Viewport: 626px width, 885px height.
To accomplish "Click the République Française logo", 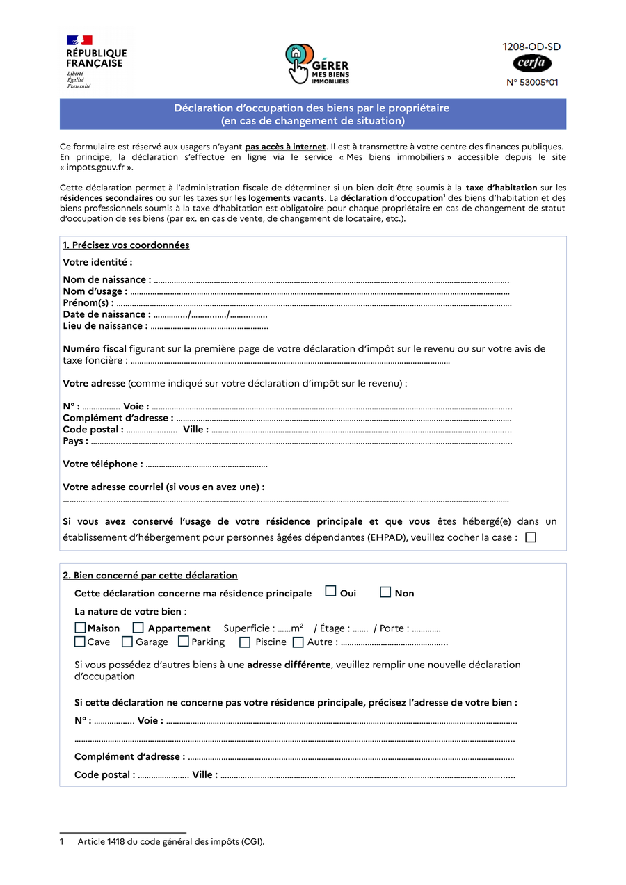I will pyautogui.click(x=96, y=62).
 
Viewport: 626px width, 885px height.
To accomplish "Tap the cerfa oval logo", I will pyautogui.click(x=532, y=64).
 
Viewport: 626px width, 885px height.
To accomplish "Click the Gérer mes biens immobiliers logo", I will pyautogui.click(x=316, y=64).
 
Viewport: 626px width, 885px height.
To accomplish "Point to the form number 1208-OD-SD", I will pyautogui.click(x=532, y=47).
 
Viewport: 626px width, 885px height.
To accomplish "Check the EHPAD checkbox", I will pyautogui.click(x=531, y=537).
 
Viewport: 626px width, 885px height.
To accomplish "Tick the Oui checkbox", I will pyautogui.click(x=331, y=592).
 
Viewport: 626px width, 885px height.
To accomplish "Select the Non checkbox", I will pyautogui.click(x=385, y=592).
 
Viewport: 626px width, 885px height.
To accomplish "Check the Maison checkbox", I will pyautogui.click(x=81, y=628).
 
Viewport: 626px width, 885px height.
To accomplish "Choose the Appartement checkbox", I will pyautogui.click(x=138, y=628).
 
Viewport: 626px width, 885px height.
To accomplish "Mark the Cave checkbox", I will pyautogui.click(x=81, y=642).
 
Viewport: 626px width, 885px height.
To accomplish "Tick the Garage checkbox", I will pyautogui.click(x=127, y=642).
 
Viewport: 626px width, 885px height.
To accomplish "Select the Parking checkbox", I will pyautogui.click(x=184, y=642).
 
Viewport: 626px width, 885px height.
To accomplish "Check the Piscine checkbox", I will pyautogui.click(x=245, y=642).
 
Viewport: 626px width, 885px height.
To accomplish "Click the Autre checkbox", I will pyautogui.click(x=298, y=642).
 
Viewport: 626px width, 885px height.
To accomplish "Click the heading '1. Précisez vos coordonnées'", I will pyautogui.click(x=126, y=245).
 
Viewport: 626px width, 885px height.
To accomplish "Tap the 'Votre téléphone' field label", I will pyautogui.click(x=103, y=464).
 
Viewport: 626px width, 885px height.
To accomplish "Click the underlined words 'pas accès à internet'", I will pyautogui.click(x=285, y=147).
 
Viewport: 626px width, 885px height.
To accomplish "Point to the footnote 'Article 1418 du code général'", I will pyautogui.click(x=171, y=842).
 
